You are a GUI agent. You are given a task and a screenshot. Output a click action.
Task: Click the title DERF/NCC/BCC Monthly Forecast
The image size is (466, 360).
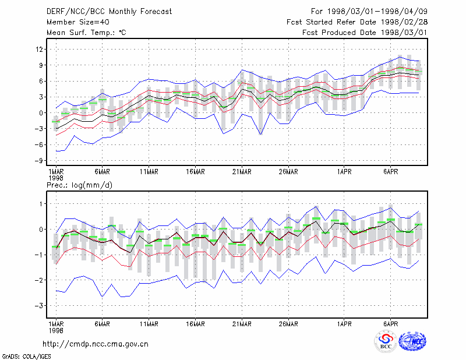pyautogui.click(x=109, y=12)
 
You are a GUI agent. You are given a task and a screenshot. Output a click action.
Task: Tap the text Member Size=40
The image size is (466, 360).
pyautogui.click(x=78, y=22)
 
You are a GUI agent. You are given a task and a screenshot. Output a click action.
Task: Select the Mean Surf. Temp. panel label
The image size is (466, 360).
pyautogui.click(x=86, y=33)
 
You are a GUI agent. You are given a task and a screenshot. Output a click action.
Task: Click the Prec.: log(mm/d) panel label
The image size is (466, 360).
pyautogui.click(x=79, y=185)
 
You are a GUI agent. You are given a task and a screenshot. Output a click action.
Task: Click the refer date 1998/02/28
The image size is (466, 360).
pyautogui.click(x=404, y=22)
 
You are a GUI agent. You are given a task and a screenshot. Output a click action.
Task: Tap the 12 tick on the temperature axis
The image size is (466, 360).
pyautogui.click(x=40, y=50)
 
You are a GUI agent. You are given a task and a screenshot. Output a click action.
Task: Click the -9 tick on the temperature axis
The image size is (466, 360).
pyautogui.click(x=38, y=161)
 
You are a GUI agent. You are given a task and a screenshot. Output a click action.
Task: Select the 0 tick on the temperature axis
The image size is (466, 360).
pyautogui.click(x=41, y=113)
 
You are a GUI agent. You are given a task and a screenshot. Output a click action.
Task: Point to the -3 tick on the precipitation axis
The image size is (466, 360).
pyautogui.click(x=38, y=306)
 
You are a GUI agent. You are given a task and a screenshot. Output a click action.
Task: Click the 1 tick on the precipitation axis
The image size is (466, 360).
pyautogui.click(x=41, y=204)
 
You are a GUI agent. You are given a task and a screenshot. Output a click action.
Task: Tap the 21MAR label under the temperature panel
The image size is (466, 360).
pyautogui.click(x=242, y=172)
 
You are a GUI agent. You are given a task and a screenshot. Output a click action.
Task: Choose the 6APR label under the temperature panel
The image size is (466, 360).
pyautogui.click(x=390, y=172)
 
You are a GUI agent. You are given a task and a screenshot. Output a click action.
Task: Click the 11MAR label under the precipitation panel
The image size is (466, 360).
pyautogui.click(x=149, y=324)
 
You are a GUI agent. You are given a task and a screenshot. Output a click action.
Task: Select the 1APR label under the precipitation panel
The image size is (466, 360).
pyautogui.click(x=344, y=324)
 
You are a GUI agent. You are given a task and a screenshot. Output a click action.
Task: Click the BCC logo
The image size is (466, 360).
pyautogui.click(x=386, y=341)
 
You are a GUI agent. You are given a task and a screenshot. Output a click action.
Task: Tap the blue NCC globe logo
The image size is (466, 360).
pyautogui.click(x=413, y=341)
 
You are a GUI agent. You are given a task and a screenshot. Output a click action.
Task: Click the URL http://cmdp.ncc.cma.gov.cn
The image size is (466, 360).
pyautogui.click(x=96, y=344)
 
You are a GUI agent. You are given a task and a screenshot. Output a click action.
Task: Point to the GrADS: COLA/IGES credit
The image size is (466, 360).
pyautogui.click(x=27, y=357)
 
